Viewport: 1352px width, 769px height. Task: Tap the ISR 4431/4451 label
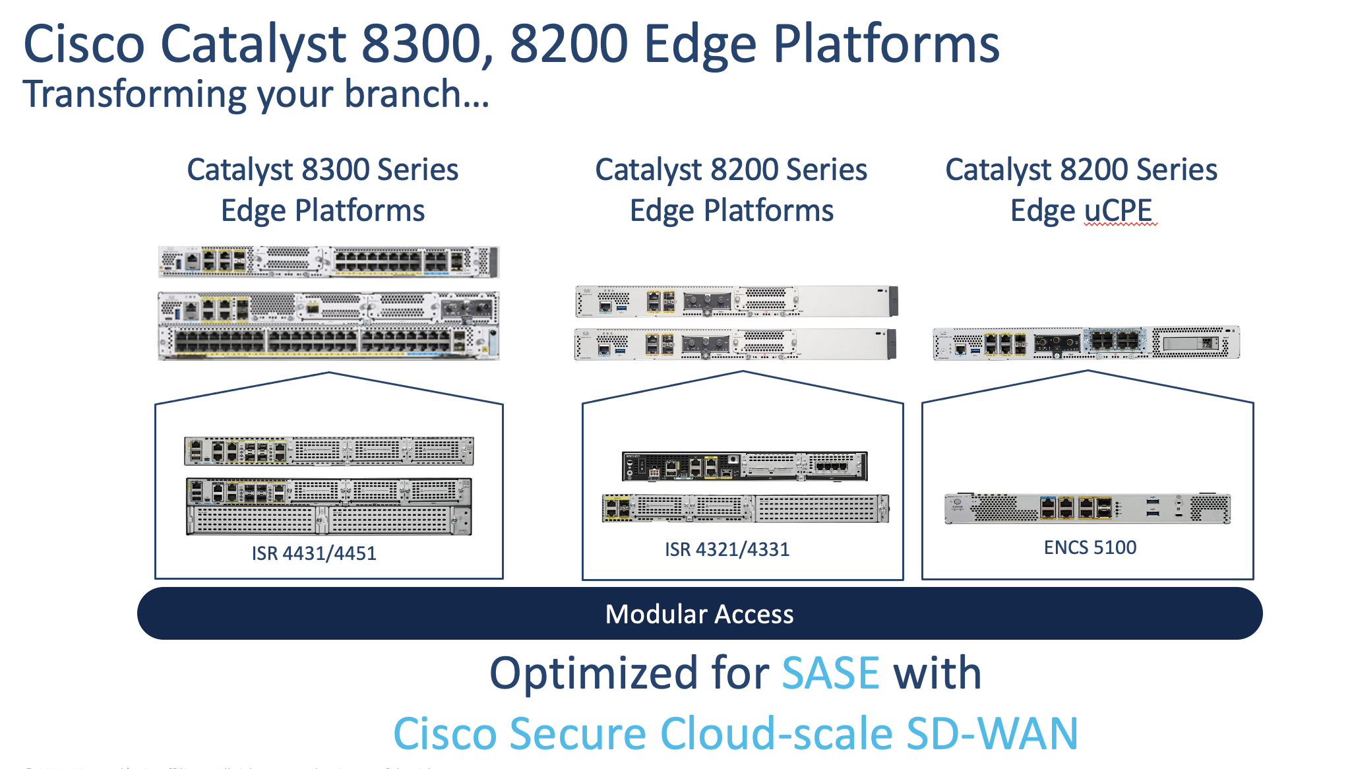[x=314, y=553]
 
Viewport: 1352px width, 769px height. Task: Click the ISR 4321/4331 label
[x=727, y=549]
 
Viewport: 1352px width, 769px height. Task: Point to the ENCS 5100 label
[x=1090, y=547]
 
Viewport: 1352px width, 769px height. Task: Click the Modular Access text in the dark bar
[x=699, y=614]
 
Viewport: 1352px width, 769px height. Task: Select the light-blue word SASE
[x=830, y=673]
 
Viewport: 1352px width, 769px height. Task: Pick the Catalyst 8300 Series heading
[x=323, y=169]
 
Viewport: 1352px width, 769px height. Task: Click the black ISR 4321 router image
[x=745, y=466]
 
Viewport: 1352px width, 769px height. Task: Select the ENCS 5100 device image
[x=1088, y=508]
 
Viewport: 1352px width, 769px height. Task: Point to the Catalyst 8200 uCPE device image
[x=1086, y=343]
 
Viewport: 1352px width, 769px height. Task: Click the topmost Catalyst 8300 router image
[x=328, y=262]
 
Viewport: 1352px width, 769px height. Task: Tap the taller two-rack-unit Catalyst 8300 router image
[x=328, y=326]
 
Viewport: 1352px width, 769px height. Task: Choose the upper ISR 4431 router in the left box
[x=328, y=451]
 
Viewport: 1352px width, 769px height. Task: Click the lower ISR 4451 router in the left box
[x=328, y=506]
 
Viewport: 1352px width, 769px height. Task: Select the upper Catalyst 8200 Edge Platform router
[x=736, y=301]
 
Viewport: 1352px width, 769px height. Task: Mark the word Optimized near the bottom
[x=593, y=673]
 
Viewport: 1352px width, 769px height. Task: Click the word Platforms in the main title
[x=886, y=44]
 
